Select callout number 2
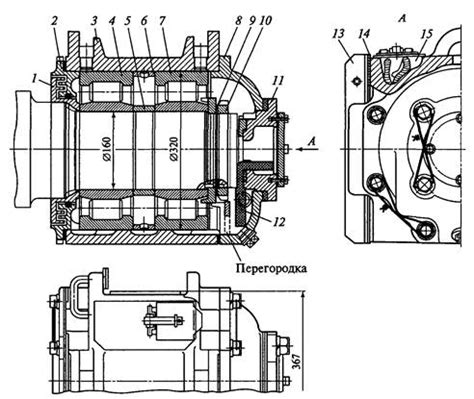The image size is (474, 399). (x=54, y=21)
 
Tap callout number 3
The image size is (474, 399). (x=95, y=21)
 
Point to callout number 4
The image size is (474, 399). (x=112, y=21)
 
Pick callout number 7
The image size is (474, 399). (x=162, y=21)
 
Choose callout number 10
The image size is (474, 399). (x=264, y=21)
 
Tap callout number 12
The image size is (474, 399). (x=278, y=222)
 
